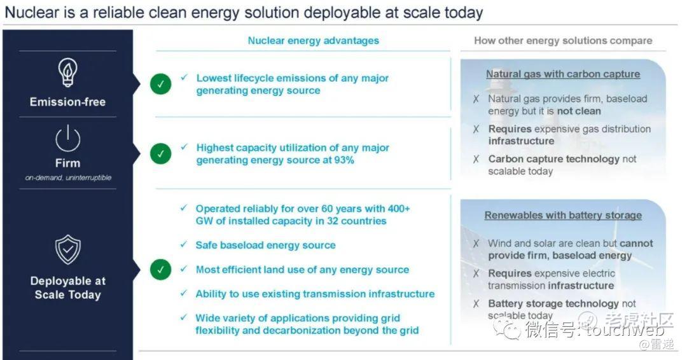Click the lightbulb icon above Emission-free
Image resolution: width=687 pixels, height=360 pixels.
(68, 73)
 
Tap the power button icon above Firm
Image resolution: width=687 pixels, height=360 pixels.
(68, 139)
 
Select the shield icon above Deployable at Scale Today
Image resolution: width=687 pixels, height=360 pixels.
(68, 249)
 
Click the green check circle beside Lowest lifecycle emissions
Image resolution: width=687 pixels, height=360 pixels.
(161, 84)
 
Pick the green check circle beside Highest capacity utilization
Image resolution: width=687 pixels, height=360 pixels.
(161, 154)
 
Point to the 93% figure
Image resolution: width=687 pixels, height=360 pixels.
(344, 160)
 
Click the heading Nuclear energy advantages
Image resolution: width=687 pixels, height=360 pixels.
(313, 41)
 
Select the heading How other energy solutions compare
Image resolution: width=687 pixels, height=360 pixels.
(563, 41)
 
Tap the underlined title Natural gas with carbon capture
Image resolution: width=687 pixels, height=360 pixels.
(563, 74)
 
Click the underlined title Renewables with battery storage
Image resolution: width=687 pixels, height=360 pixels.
(563, 216)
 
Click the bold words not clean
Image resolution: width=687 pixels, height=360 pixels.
(579, 111)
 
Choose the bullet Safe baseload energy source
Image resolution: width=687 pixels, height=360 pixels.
(265, 246)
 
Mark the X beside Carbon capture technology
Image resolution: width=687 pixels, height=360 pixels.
(476, 159)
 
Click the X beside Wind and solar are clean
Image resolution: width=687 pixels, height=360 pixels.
(476, 244)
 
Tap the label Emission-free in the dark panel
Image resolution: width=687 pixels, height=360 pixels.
(68, 102)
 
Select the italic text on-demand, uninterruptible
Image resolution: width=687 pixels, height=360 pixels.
(68, 178)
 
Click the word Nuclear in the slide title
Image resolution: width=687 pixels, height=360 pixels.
(32, 12)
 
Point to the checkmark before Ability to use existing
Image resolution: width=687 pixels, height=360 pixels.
(184, 293)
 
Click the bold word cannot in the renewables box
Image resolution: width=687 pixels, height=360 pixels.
(636, 244)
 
